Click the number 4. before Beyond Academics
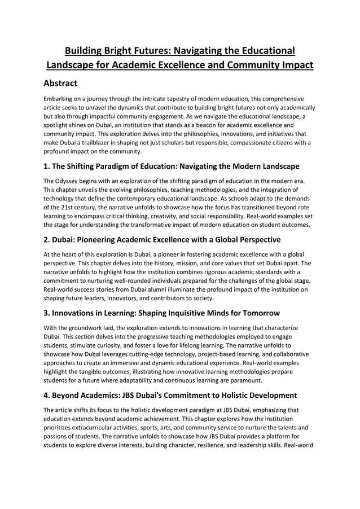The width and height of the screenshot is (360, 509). [47, 396]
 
